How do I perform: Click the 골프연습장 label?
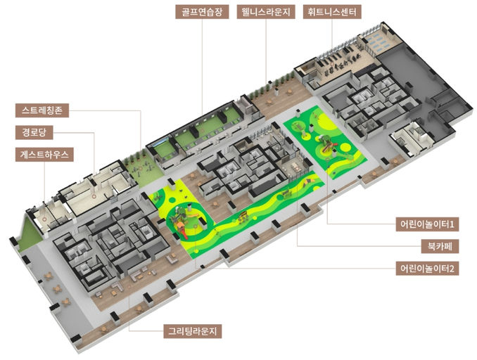point(202,12)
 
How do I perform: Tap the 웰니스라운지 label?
point(266,12)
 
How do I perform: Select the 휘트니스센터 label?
point(332,12)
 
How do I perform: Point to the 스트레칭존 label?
point(42,110)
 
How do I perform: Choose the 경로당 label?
point(34,133)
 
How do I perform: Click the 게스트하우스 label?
point(44,155)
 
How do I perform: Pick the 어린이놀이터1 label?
point(427,224)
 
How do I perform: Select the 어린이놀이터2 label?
point(427,269)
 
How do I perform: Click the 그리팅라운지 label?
point(193,331)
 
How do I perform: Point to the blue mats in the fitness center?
point(377,43)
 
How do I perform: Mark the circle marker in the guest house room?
point(44,219)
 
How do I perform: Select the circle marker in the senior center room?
point(94,196)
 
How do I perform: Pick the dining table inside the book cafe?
point(295,167)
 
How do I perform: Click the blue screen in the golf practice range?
point(160,143)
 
